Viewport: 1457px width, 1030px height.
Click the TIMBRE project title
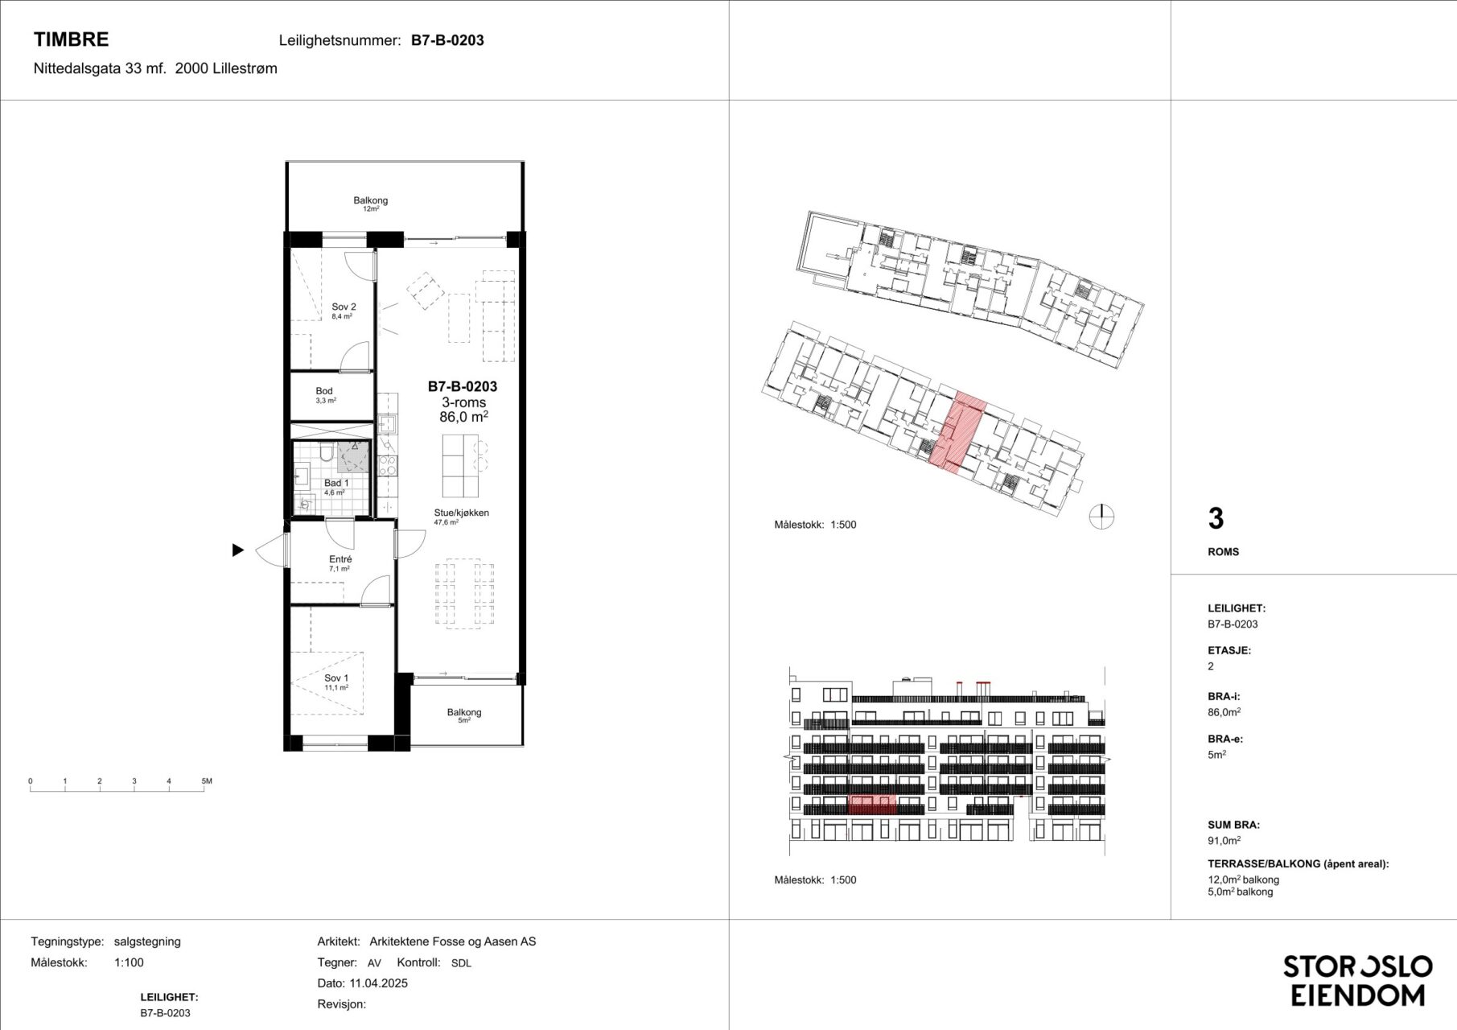(x=71, y=39)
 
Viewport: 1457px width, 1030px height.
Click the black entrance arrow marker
(x=237, y=550)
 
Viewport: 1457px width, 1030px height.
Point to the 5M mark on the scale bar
(x=206, y=781)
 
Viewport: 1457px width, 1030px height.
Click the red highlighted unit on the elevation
(x=872, y=805)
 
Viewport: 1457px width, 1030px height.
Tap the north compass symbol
(x=1101, y=517)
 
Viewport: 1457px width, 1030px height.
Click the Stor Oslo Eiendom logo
(x=1358, y=980)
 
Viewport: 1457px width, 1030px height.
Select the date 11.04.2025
(x=378, y=983)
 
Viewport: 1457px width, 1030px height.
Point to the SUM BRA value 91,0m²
(x=1224, y=841)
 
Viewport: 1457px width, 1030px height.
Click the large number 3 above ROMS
(x=1216, y=519)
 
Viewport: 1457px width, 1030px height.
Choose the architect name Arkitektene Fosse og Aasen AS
(x=453, y=941)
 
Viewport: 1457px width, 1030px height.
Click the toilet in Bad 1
(x=326, y=453)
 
